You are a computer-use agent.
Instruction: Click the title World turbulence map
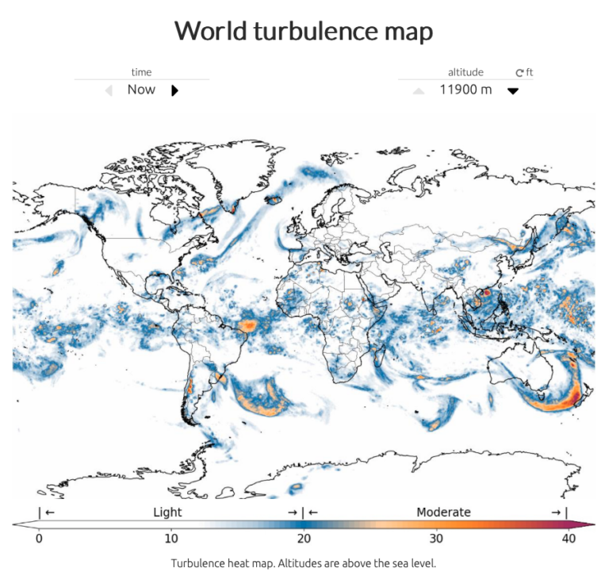(304, 31)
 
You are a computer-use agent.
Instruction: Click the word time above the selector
(141, 72)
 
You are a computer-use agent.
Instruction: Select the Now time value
(141, 90)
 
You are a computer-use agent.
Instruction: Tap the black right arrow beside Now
(174, 90)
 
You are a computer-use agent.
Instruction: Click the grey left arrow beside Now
(109, 90)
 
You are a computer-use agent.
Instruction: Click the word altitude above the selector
(465, 72)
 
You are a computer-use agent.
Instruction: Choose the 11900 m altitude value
(465, 90)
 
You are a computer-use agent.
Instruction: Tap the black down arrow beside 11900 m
(513, 90)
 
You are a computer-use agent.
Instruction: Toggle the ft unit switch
(524, 72)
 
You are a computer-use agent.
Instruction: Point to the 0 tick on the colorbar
(39, 539)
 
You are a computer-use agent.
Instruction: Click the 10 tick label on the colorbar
(170, 539)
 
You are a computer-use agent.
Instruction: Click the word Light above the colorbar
(167, 513)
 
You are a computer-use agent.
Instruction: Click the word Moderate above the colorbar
(443, 513)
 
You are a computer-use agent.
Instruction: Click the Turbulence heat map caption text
(304, 563)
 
